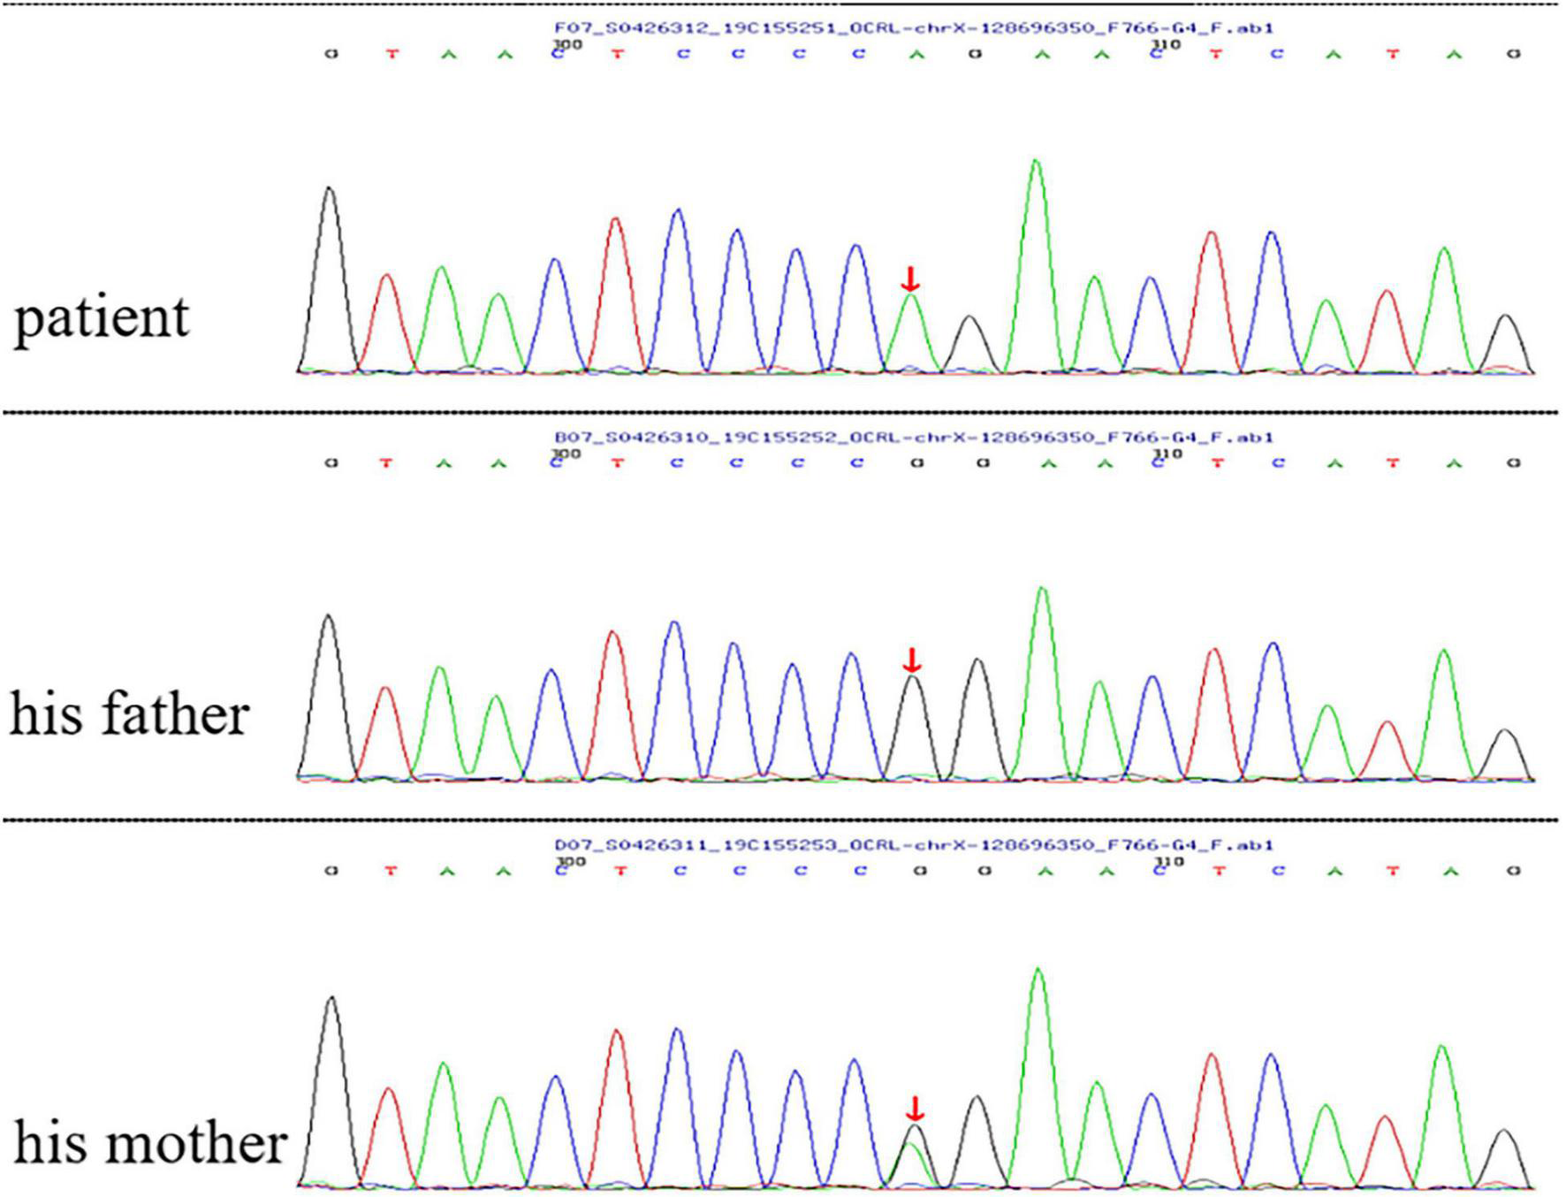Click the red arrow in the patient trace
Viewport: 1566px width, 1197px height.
pyautogui.click(x=910, y=278)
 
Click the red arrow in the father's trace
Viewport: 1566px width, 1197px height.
pyautogui.click(x=912, y=659)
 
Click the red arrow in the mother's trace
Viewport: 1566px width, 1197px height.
pyautogui.click(x=916, y=1109)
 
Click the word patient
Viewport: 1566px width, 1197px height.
pyautogui.click(x=102, y=317)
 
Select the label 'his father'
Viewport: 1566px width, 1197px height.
pyautogui.click(x=129, y=714)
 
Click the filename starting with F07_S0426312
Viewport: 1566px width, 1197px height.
pyautogui.click(x=914, y=28)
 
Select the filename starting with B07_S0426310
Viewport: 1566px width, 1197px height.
pyautogui.click(x=914, y=437)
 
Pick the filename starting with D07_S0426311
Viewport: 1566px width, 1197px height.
pyautogui.click(x=914, y=845)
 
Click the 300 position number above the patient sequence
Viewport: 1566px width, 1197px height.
pyautogui.click(x=567, y=42)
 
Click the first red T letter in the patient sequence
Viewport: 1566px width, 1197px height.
pyautogui.click(x=391, y=55)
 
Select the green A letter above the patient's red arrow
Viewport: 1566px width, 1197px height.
pyautogui.click(x=916, y=55)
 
